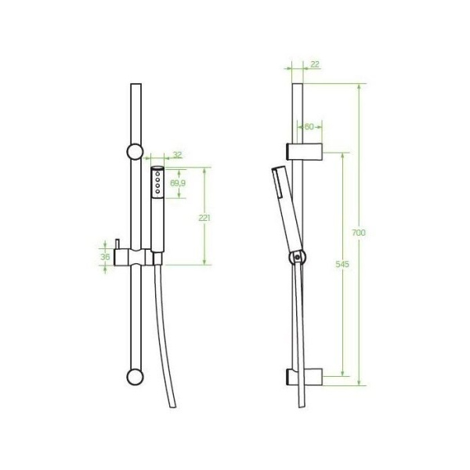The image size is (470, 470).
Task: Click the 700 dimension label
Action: point(359,233)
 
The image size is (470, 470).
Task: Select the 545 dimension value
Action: point(342,264)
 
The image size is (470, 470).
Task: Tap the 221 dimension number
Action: point(204,218)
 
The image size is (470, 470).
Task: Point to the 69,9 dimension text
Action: point(178,183)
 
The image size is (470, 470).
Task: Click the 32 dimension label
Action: point(178,155)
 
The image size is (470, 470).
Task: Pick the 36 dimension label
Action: point(105,257)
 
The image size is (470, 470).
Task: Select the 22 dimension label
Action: point(315,64)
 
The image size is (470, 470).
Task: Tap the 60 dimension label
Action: point(309,127)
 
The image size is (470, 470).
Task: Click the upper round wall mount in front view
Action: point(136,152)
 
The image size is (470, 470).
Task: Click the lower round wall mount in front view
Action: point(136,377)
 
